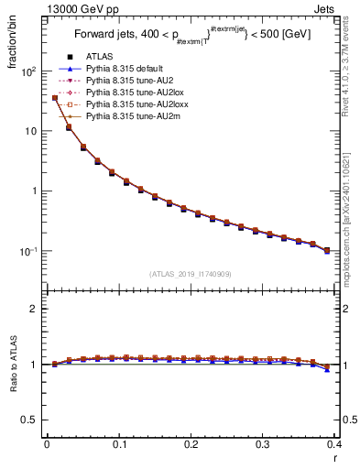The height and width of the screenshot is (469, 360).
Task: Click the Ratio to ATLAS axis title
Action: [12, 366]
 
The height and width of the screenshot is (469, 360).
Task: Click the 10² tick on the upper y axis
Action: [28, 71]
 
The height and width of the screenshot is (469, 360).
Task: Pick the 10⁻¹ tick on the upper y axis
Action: [28, 251]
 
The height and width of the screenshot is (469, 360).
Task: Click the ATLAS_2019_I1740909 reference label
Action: [191, 274]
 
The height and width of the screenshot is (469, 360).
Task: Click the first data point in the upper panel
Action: [55, 98]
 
